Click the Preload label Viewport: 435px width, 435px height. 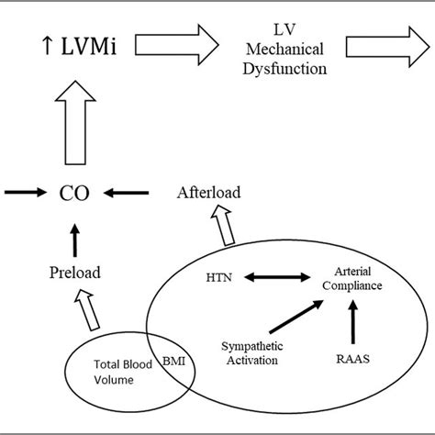point(74,272)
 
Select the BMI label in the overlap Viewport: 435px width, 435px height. point(173,362)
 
